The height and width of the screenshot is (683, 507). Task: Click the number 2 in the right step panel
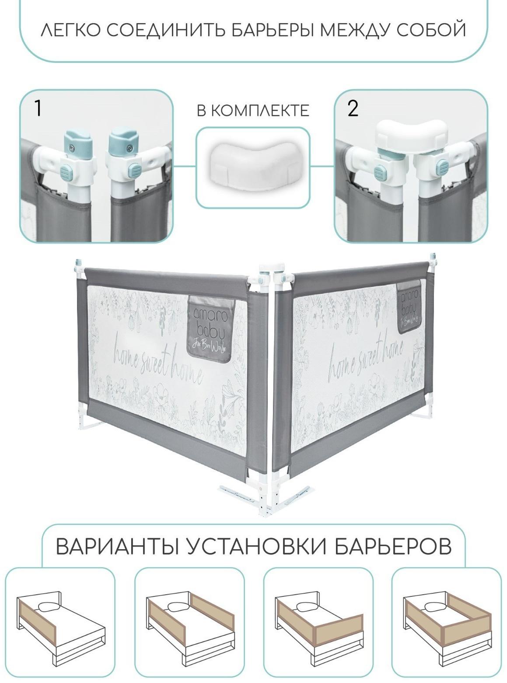click(x=353, y=109)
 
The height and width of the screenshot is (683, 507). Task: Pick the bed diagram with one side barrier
click(x=60, y=623)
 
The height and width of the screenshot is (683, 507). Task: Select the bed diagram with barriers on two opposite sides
click(x=189, y=623)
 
